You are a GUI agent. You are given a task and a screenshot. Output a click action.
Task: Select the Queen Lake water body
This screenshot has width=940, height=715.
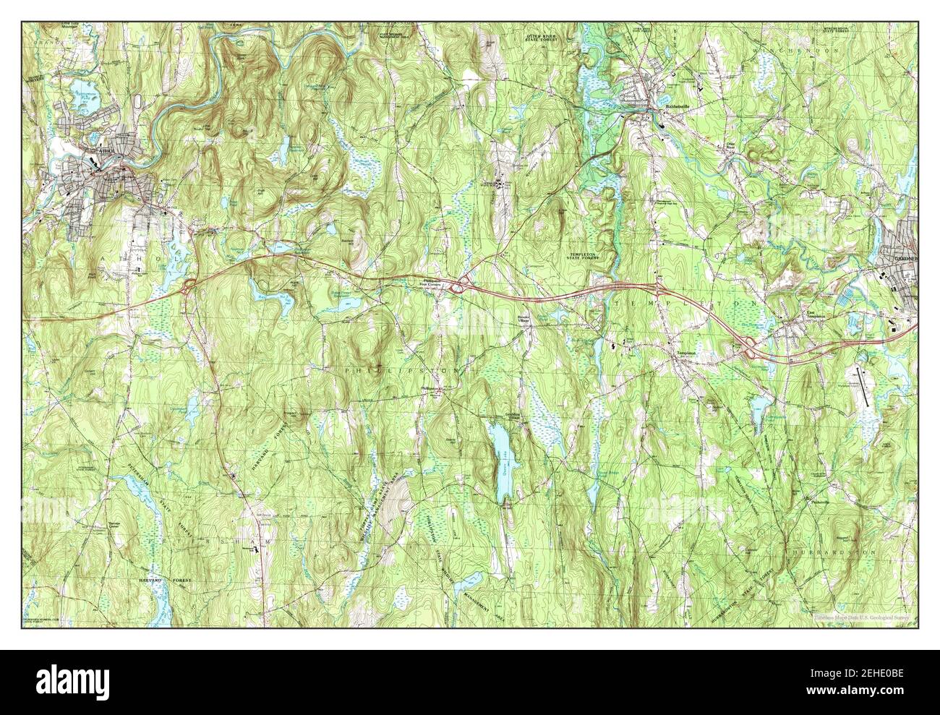499,462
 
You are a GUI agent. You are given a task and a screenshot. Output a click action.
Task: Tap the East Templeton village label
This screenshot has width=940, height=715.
815,317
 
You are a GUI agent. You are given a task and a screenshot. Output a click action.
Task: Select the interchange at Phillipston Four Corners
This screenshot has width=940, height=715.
458,288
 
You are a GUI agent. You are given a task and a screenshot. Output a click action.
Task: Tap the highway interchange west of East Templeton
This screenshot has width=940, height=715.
750,348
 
